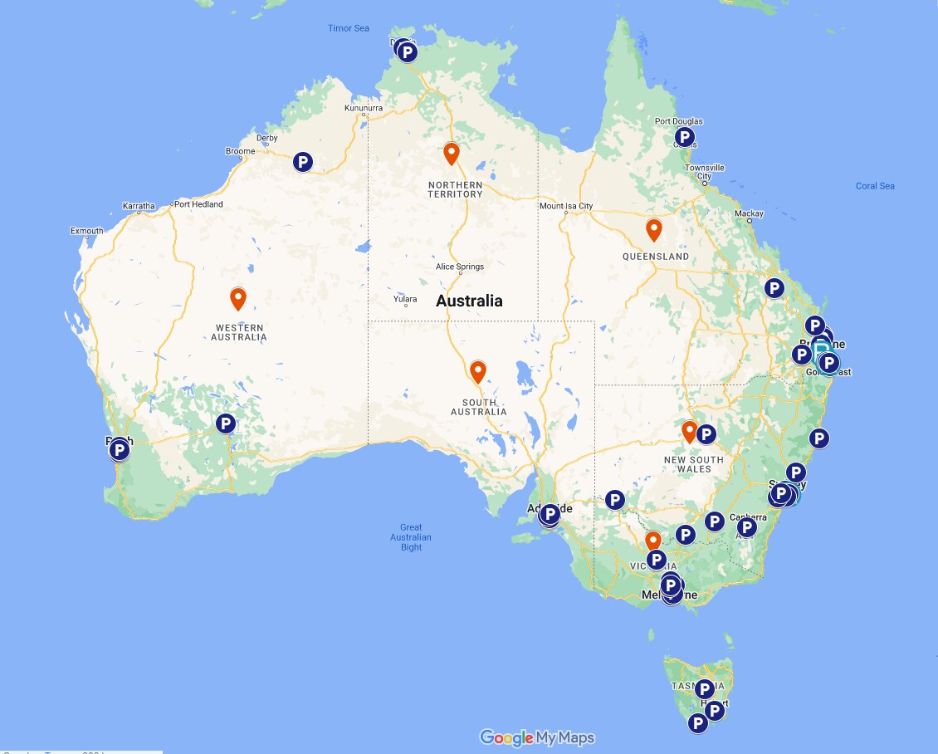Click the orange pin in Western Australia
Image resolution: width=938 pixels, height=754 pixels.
238,298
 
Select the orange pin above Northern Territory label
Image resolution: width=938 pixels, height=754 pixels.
452,154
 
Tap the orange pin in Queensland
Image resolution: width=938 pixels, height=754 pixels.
654,229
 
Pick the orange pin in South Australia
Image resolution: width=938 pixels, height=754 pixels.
478,372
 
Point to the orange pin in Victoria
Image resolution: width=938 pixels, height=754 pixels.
653,541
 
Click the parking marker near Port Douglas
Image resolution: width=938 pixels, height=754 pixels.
684,137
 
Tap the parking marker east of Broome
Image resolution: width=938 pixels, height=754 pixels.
303,162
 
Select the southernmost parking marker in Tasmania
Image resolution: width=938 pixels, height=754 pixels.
698,723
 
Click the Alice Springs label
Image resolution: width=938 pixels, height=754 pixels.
460,267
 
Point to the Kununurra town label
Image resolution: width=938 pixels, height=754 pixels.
364,108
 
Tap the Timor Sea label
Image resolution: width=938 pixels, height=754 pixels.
349,28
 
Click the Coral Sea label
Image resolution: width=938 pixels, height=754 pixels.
875,186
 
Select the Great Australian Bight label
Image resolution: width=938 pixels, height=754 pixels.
411,537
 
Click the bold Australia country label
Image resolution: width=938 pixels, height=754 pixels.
469,301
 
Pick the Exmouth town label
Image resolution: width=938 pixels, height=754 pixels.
87,231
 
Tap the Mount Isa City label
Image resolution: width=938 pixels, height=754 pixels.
566,206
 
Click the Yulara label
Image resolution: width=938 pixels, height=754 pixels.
406,299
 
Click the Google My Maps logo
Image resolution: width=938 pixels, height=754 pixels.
537,737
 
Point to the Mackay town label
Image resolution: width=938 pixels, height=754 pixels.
749,214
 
